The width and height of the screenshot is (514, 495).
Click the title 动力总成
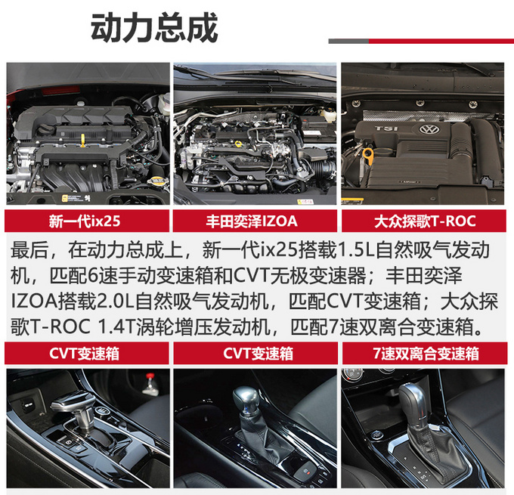154,29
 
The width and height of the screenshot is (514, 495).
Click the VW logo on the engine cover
429,130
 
